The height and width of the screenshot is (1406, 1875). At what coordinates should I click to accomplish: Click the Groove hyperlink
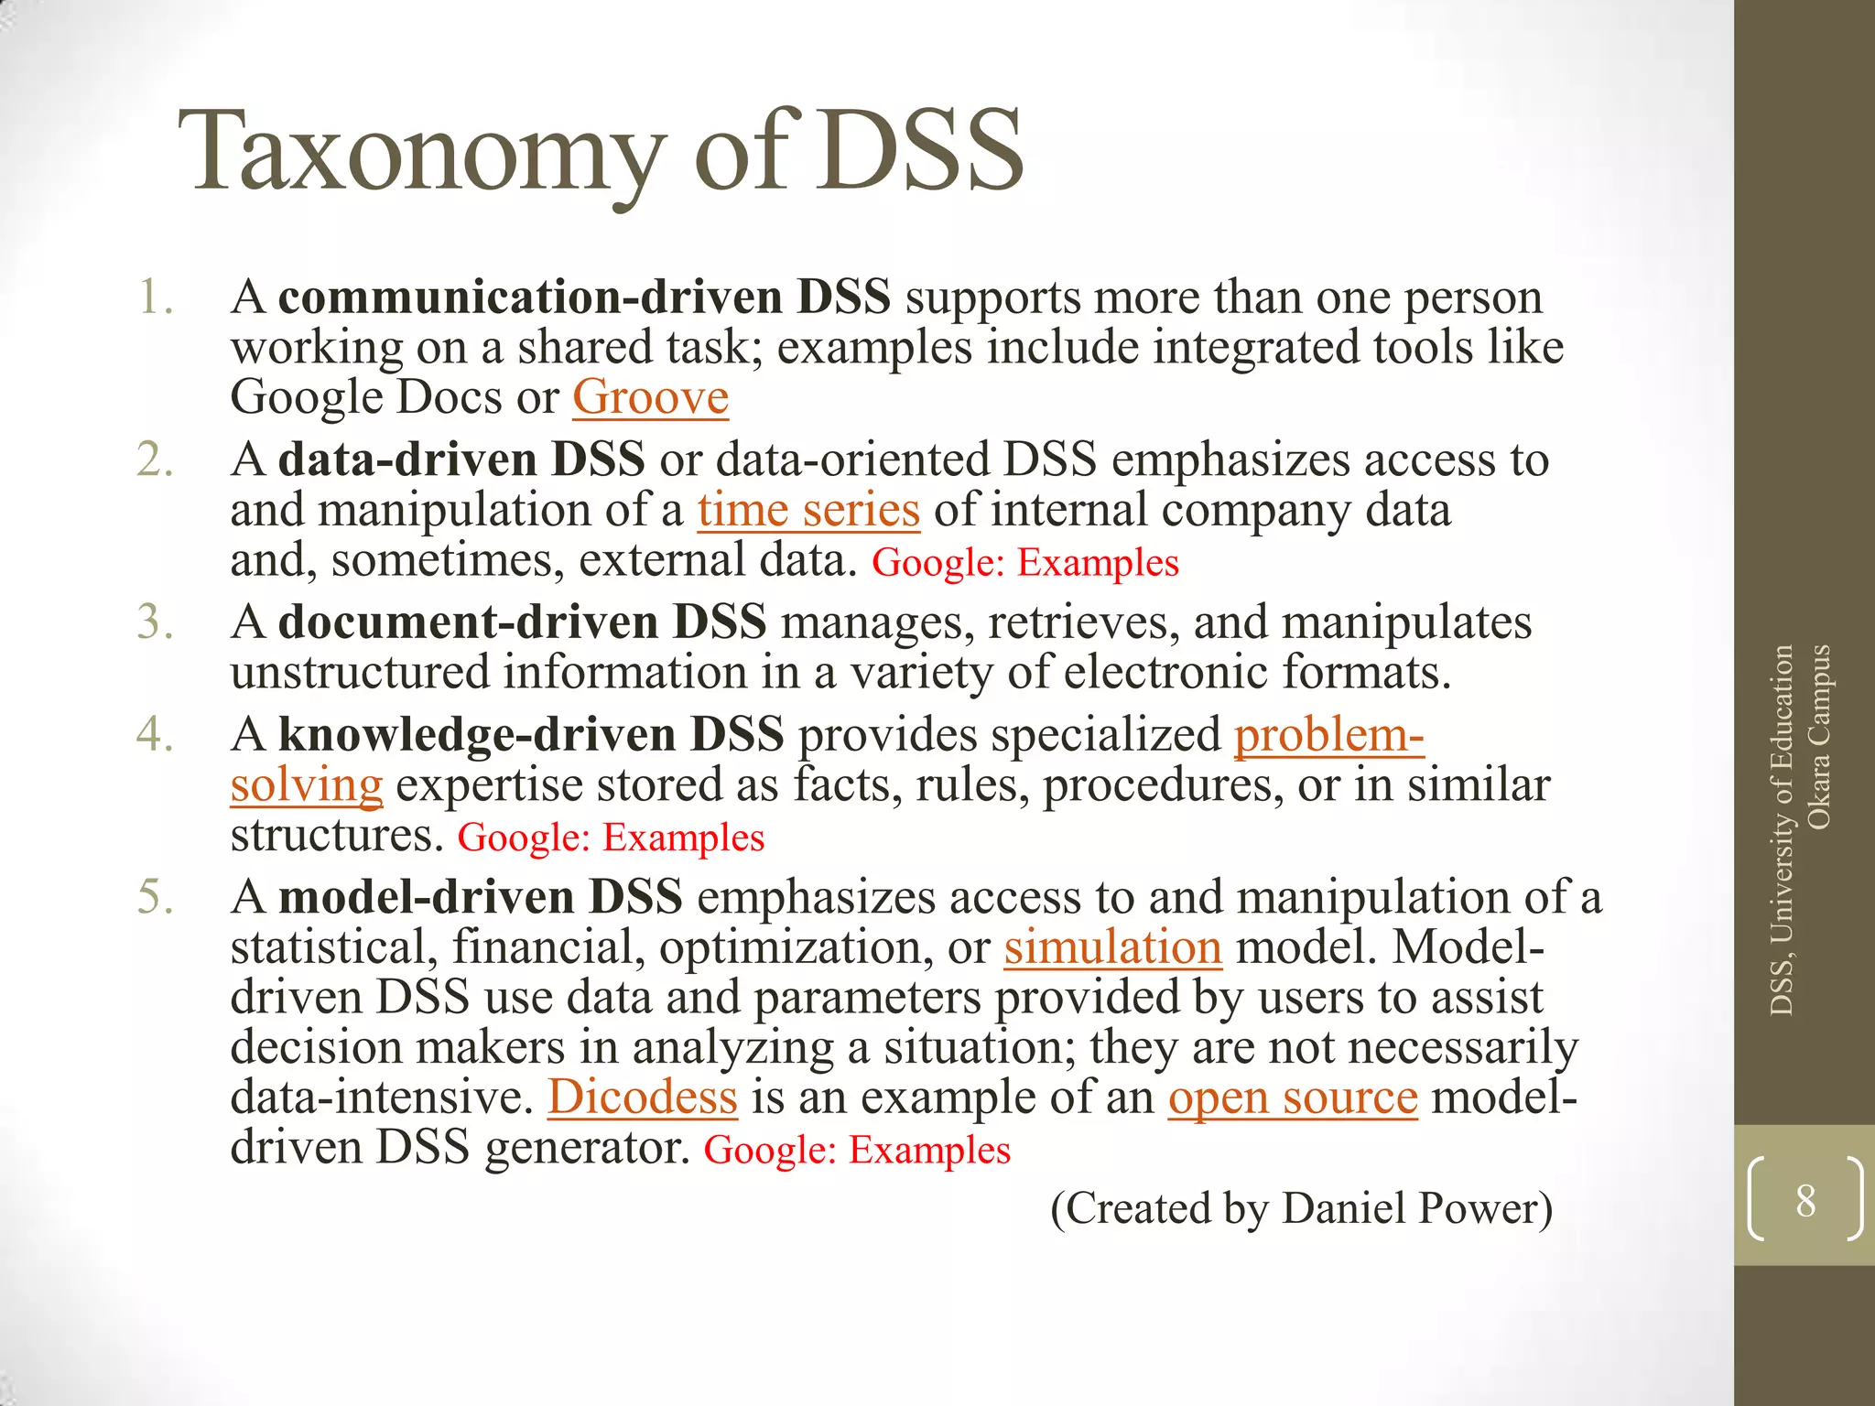tap(650, 398)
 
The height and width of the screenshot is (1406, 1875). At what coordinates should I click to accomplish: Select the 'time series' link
tap(808, 510)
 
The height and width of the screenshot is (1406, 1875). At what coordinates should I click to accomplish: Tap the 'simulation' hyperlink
tap(1112, 947)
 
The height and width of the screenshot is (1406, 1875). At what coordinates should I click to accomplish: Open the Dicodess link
tap(642, 1098)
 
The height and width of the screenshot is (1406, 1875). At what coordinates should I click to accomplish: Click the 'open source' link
tap(1293, 1098)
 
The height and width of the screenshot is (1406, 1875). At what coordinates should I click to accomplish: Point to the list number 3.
tap(155, 622)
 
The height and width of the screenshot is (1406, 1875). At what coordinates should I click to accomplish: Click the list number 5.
tap(155, 897)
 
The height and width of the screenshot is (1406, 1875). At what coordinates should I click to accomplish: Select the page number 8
tap(1805, 1200)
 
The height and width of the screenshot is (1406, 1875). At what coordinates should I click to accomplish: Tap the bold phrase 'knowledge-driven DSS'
tap(531, 735)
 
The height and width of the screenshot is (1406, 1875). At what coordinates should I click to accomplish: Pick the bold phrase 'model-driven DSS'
tap(481, 897)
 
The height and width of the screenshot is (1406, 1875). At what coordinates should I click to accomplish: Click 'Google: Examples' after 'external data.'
tap(1025, 563)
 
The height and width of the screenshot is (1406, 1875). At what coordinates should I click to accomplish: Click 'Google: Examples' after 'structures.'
tap(611, 838)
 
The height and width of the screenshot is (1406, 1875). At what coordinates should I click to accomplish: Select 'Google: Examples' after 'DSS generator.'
tap(857, 1151)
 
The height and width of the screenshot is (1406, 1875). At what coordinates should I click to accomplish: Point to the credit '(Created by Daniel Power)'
tap(1301, 1208)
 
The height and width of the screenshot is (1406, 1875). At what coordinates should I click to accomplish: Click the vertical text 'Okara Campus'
tap(1819, 737)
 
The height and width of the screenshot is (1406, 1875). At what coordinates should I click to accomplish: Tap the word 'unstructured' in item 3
tap(360, 673)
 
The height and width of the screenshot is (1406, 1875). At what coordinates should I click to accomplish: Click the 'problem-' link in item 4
tap(1328, 735)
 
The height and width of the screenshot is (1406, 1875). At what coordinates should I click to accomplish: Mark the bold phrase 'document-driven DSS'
tap(522, 622)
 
